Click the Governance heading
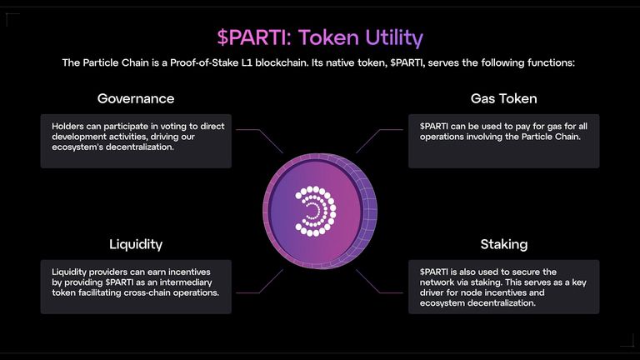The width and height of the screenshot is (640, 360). [x=136, y=98]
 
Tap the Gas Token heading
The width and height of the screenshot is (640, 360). [x=503, y=98]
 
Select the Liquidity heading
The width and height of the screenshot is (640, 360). [x=136, y=244]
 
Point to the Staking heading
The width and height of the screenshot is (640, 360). [x=503, y=244]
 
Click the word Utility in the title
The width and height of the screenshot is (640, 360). [x=394, y=37]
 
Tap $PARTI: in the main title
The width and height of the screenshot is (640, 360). [x=255, y=37]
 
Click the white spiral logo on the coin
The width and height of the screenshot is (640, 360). [x=316, y=211]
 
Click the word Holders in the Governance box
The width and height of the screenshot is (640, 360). [x=67, y=126]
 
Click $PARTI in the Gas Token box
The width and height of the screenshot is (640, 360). [x=434, y=126]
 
